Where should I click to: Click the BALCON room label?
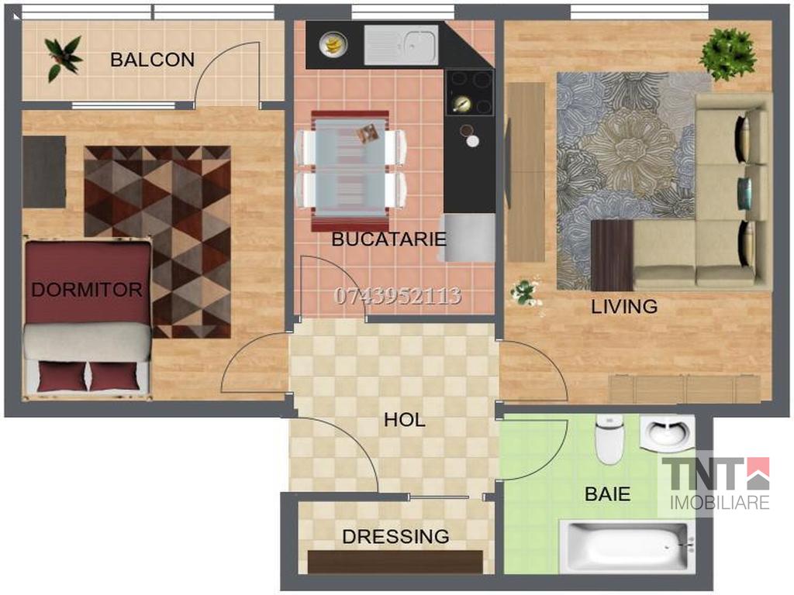click(153, 60)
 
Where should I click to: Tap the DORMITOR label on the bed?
click(87, 290)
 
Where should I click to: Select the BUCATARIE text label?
click(388, 239)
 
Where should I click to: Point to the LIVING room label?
click(624, 306)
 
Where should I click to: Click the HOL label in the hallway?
click(404, 419)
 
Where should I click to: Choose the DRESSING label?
click(395, 536)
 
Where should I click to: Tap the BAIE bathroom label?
click(608, 494)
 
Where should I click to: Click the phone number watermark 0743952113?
click(398, 296)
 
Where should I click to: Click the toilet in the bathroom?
click(609, 439)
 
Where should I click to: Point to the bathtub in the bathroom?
click(626, 546)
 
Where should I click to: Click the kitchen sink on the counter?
click(401, 45)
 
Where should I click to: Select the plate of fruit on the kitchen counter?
click(333, 44)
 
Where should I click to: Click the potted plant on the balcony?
click(63, 58)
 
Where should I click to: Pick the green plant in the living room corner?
click(727, 53)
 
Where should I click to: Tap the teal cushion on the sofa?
click(744, 193)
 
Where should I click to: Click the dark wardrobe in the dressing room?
click(395, 562)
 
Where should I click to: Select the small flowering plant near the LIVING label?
click(526, 293)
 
